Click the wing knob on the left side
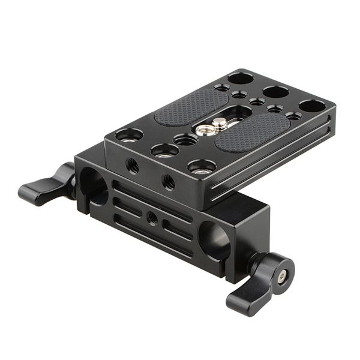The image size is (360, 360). pos(45,187)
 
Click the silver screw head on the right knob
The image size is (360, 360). pos(281,275)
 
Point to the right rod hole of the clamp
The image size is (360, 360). pos(214,239)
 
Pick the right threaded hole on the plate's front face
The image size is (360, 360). pos(169,181)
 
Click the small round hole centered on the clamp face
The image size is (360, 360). pos(152,218)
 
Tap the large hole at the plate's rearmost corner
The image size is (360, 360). pos(241,78)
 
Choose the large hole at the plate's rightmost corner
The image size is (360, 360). pos(312,106)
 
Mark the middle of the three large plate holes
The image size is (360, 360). pos(275,92)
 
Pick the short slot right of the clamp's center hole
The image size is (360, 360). pos(177,229)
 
